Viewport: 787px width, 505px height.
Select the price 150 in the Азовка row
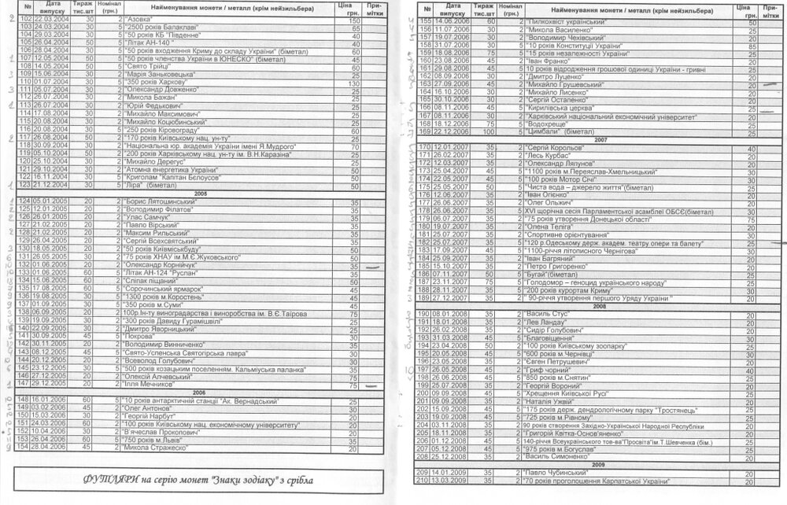click(355, 20)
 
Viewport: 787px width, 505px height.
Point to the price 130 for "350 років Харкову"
click(355, 84)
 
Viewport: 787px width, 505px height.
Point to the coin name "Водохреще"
click(549, 123)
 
